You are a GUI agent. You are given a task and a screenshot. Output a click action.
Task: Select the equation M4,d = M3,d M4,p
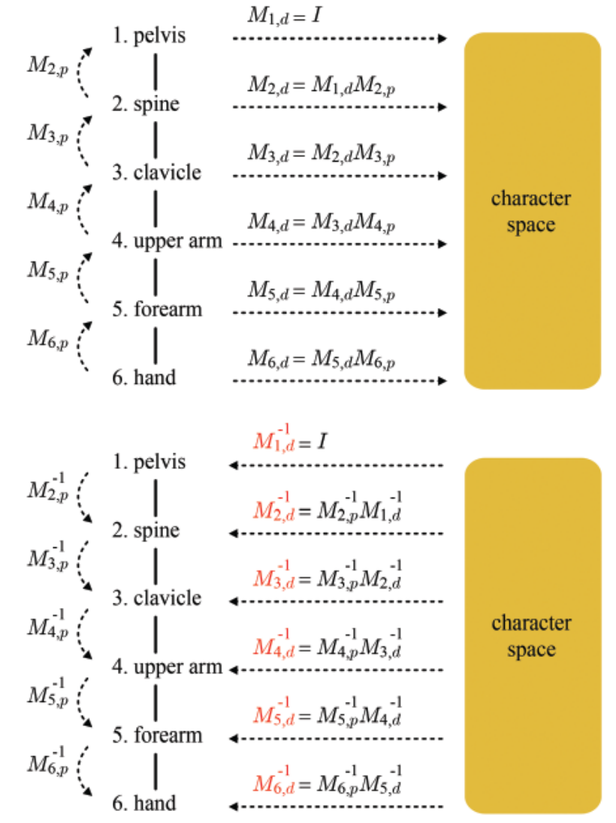(322, 223)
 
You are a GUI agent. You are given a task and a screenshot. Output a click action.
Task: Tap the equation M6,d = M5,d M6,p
(322, 360)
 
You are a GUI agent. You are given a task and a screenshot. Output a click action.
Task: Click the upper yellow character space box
(532, 210)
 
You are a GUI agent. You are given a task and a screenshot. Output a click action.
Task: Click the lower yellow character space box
(532, 635)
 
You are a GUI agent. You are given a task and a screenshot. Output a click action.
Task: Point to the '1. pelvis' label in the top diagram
(148, 35)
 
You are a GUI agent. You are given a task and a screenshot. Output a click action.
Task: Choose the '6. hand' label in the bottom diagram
(143, 803)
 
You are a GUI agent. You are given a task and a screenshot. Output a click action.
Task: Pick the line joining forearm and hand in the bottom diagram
(156, 769)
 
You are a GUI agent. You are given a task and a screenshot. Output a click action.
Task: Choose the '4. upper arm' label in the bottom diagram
(167, 667)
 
